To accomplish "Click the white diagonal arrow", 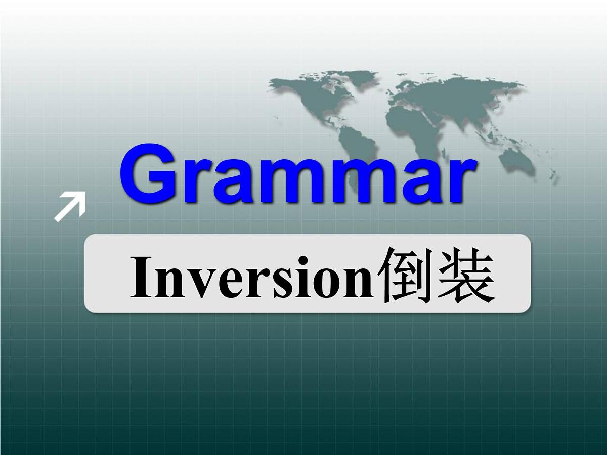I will tap(70, 207).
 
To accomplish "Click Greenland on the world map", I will tap(354, 80).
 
